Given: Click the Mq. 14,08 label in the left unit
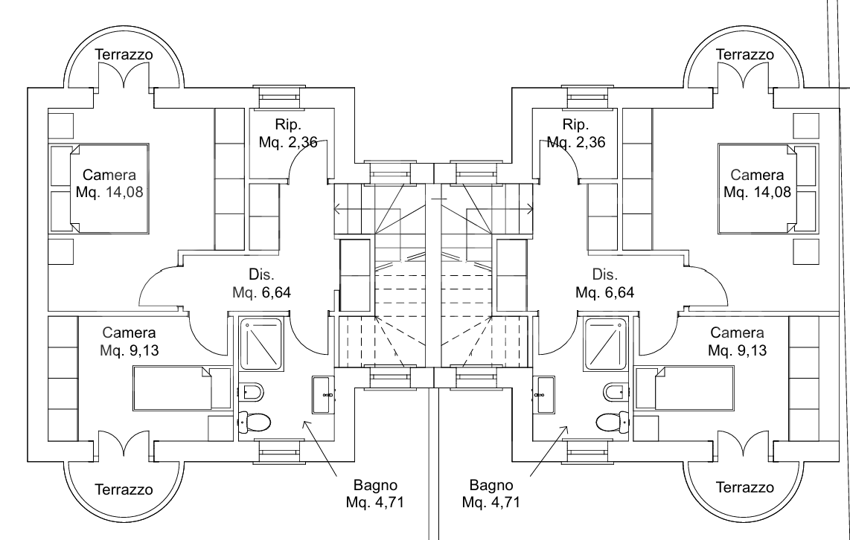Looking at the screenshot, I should [x=109, y=193].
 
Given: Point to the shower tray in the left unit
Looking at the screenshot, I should [x=261, y=344].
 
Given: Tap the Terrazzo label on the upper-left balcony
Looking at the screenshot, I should [x=124, y=55].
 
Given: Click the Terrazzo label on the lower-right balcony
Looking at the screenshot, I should [x=744, y=489].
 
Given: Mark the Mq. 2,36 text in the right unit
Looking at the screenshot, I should [x=575, y=141].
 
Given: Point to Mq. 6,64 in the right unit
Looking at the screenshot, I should [x=604, y=292].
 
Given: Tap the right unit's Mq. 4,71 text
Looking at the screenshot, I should [x=490, y=502].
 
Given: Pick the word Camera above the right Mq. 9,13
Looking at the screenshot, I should [x=737, y=332].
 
